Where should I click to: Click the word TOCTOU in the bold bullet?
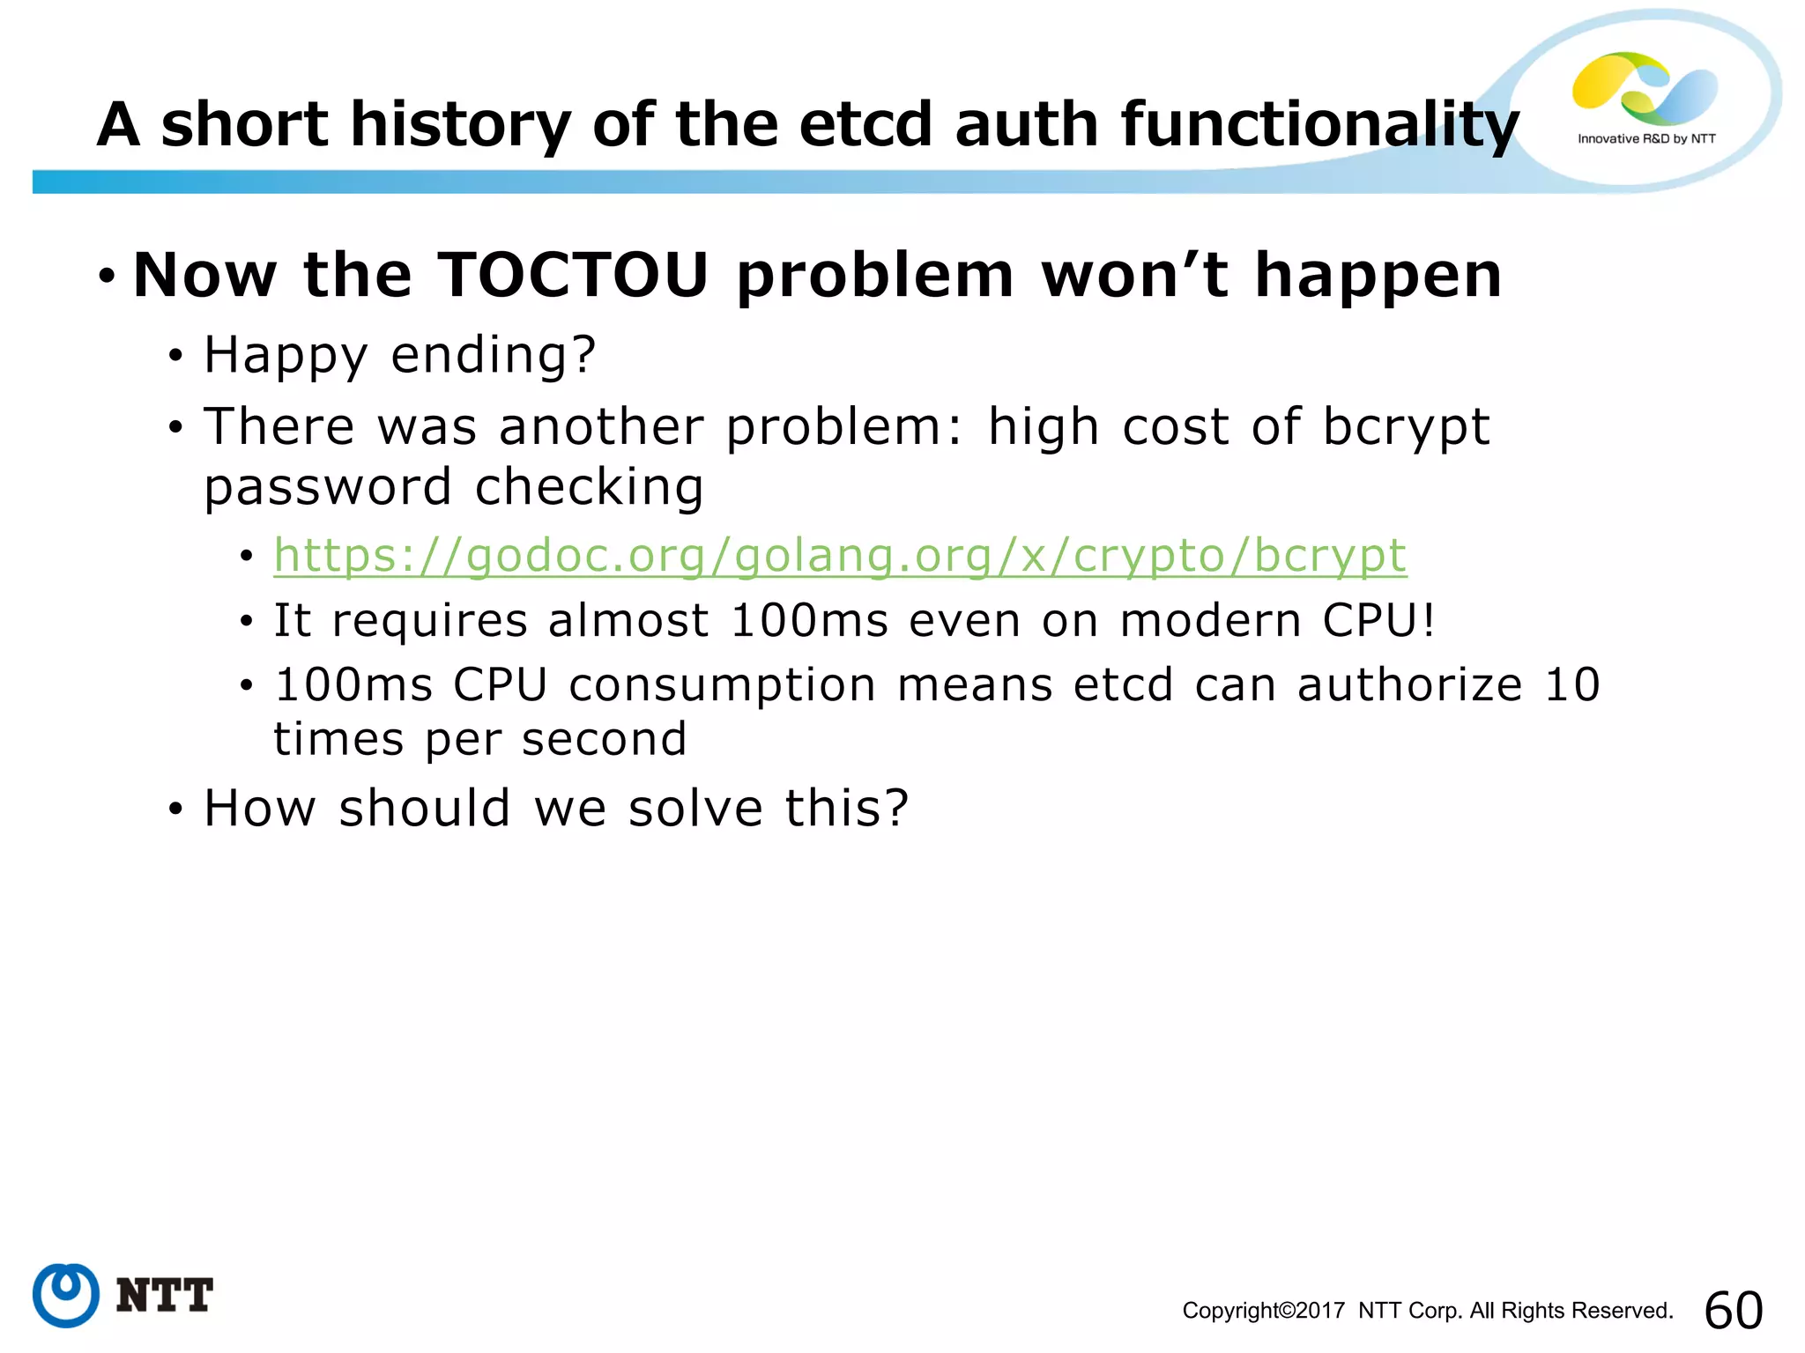572,275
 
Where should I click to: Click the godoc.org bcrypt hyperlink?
840,556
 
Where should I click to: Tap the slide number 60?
1733,1310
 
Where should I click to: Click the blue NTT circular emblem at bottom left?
66,1295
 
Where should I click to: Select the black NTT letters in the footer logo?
164,1296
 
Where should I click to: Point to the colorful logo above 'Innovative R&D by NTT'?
1644,88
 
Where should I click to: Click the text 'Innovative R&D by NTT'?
1645,139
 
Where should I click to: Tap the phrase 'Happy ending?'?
400,355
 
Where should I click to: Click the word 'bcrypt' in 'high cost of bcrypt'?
1406,428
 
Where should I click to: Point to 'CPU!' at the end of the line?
1378,620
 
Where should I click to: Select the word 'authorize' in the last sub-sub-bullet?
1409,685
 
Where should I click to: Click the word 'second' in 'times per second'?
604,739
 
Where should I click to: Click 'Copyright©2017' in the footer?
1263,1311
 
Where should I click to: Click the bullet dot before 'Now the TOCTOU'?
107,277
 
